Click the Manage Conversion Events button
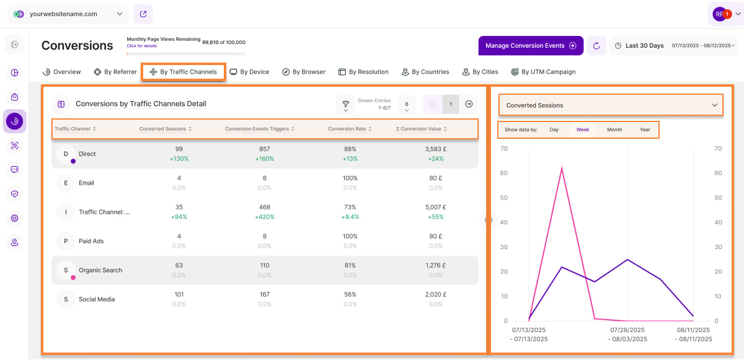[x=530, y=45]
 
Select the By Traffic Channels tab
[x=184, y=72]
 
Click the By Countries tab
[x=425, y=72]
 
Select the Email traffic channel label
[x=86, y=183]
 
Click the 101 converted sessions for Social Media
[x=179, y=294]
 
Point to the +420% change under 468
[x=265, y=217]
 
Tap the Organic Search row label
[x=100, y=270]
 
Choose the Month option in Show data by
[x=614, y=130]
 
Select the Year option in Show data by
[x=645, y=130]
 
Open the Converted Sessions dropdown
[x=611, y=105]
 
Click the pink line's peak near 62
[x=562, y=168]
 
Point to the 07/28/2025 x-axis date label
[x=628, y=331]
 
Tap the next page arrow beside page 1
[x=469, y=104]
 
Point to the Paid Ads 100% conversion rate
[x=350, y=236]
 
